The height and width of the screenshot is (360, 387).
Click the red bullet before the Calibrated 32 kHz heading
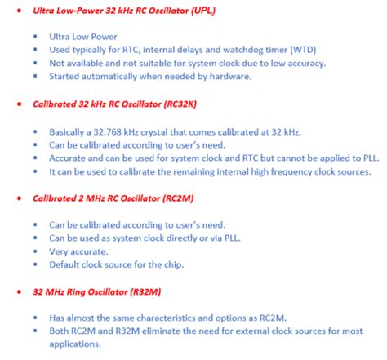coord(18,104)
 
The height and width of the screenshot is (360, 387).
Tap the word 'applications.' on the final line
coord(76,344)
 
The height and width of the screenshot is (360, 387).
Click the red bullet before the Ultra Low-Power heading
coord(18,11)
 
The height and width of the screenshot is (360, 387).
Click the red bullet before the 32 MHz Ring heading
coord(18,291)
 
